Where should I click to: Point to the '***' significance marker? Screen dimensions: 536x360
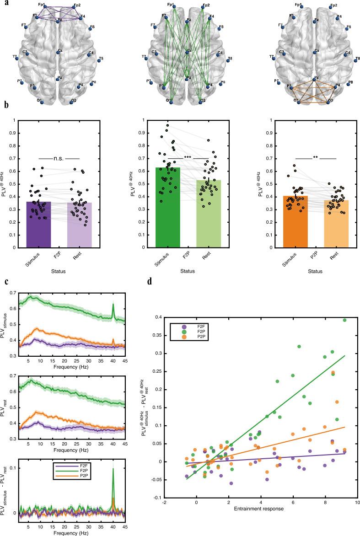tap(188, 158)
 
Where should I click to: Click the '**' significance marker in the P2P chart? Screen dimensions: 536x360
tap(315, 158)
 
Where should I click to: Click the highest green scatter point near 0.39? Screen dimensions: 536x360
tap(344, 320)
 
